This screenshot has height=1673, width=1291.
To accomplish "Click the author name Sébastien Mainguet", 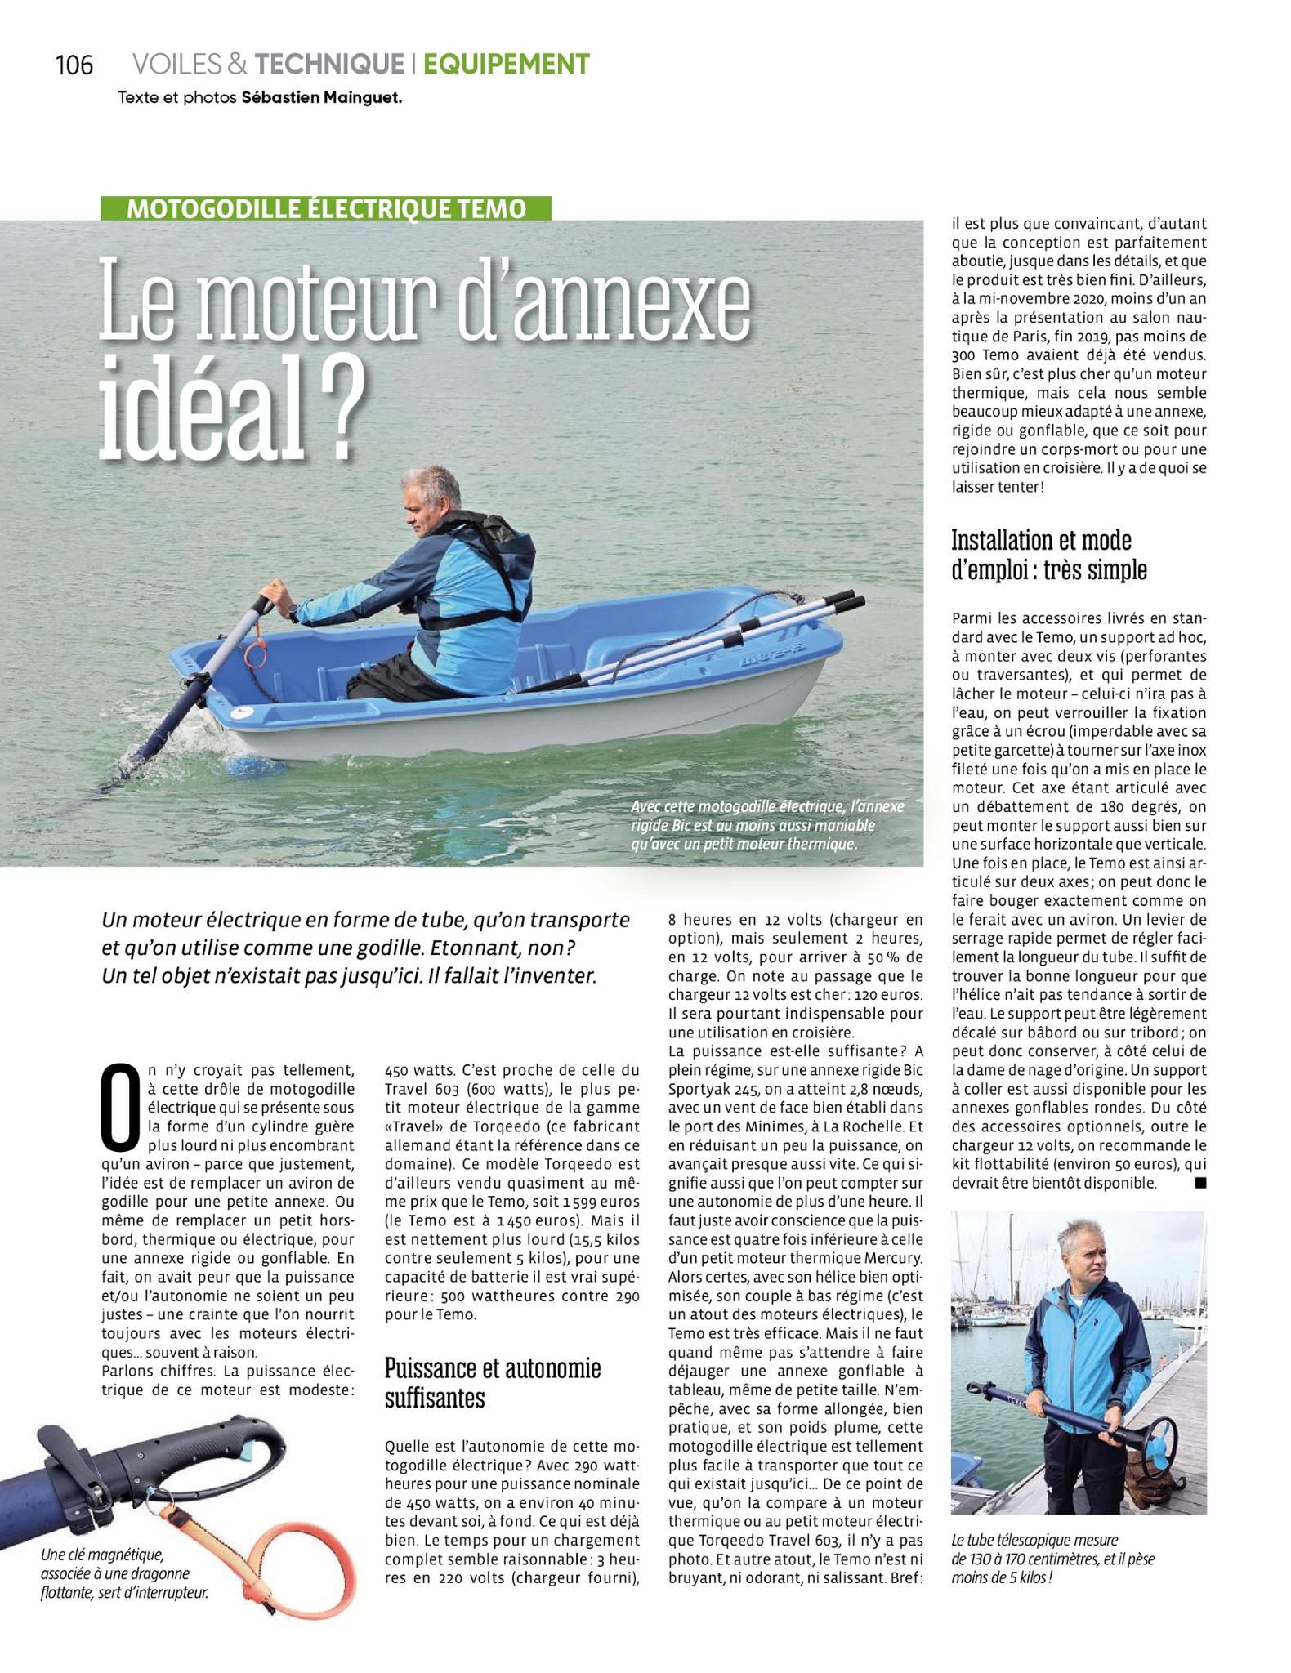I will click(x=322, y=97).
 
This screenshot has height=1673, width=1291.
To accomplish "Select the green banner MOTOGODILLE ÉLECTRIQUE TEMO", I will click(x=326, y=208).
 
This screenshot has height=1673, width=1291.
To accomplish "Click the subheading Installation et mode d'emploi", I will click(x=1048, y=555).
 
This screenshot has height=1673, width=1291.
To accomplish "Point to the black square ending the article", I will click(x=1199, y=1183).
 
